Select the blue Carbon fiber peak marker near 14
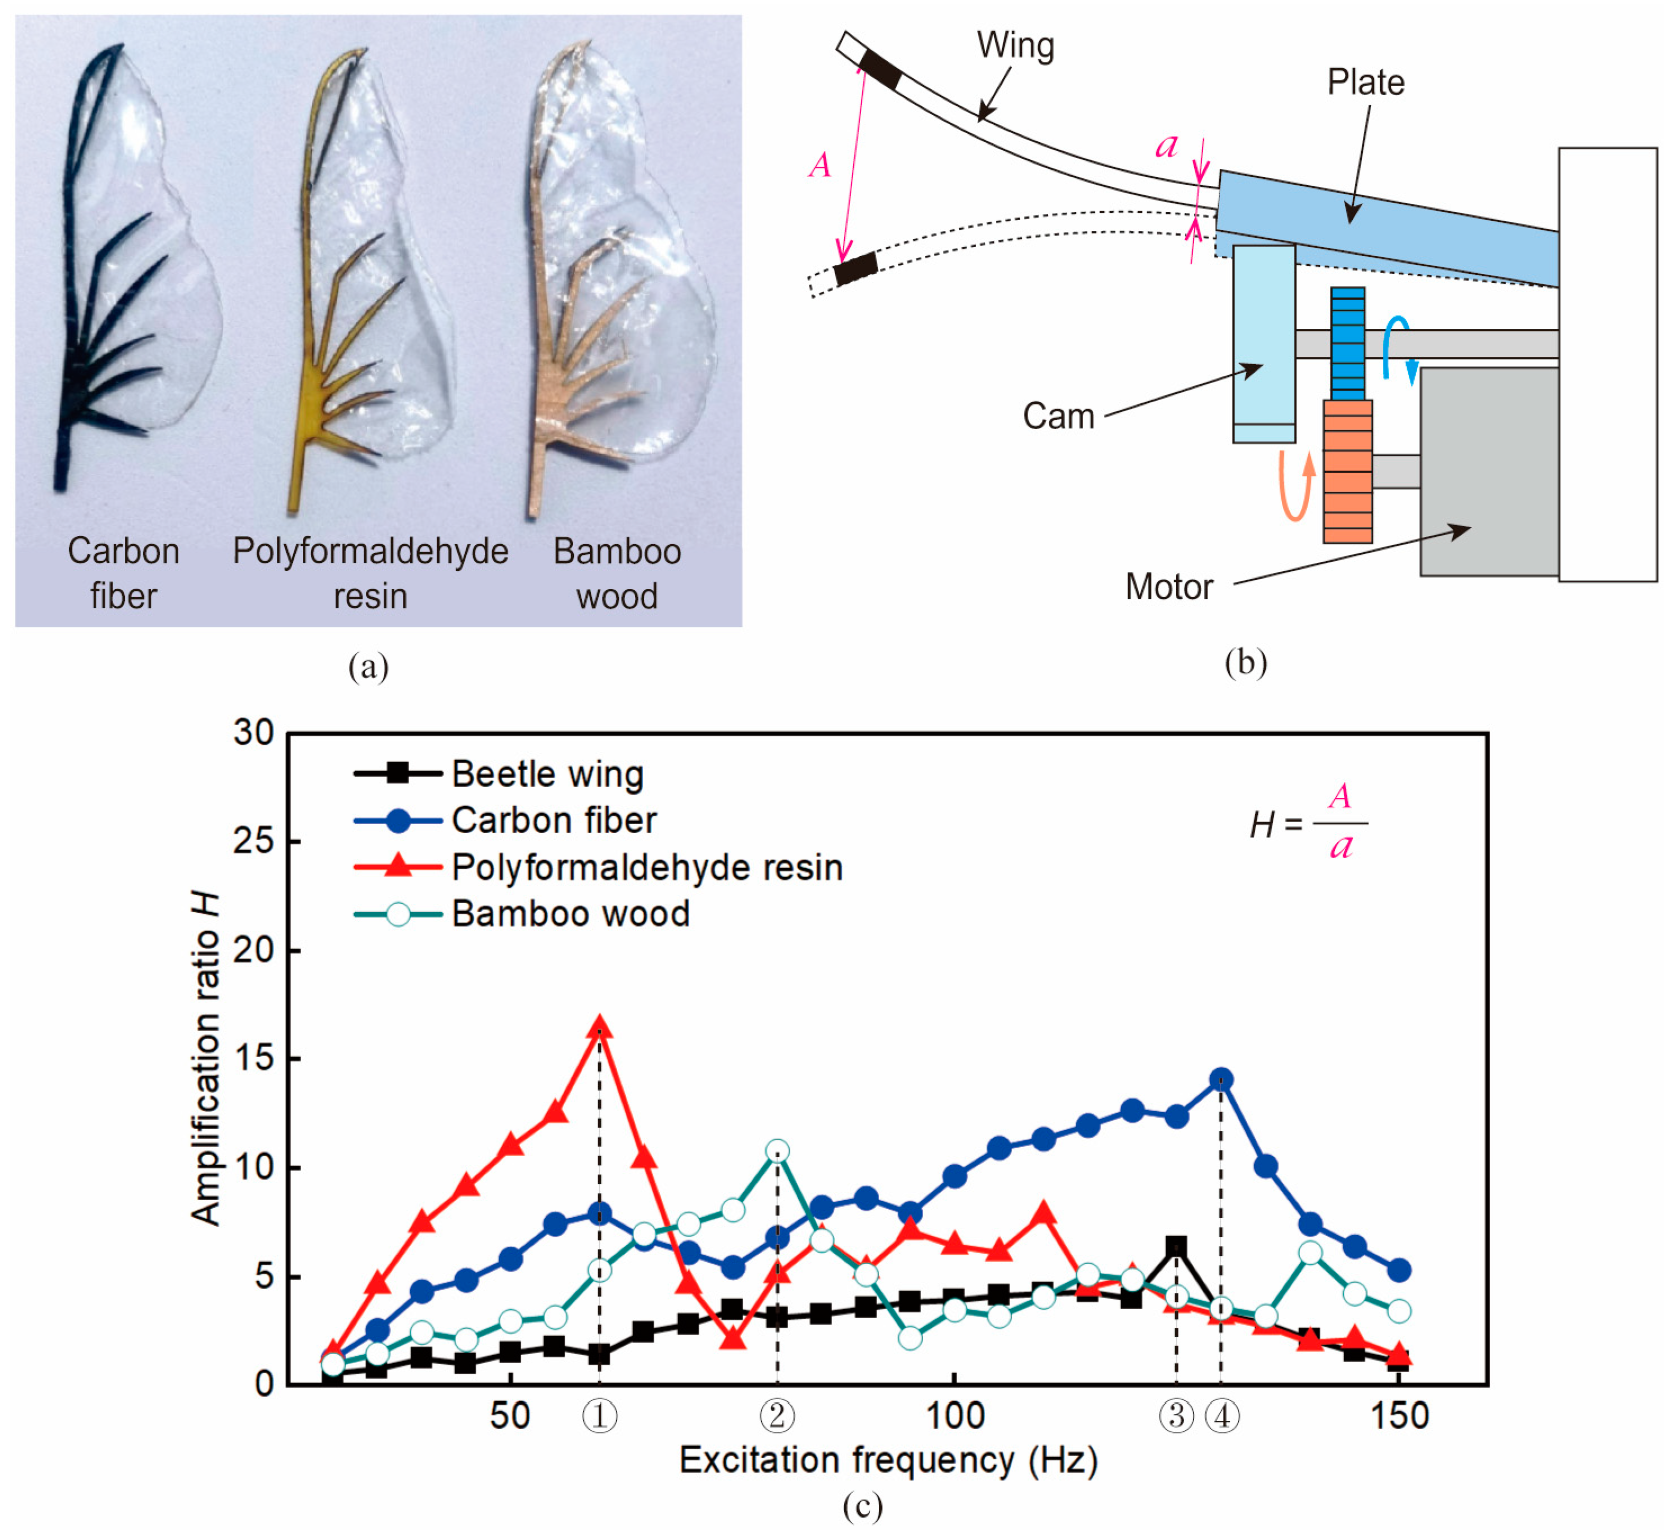[1221, 1080]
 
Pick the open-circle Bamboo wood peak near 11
[777, 1151]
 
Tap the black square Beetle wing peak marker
[1176, 1246]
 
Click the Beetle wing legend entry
[499, 774]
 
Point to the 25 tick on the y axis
[254, 841]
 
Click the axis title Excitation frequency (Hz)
[888, 1460]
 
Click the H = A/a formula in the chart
[1309, 823]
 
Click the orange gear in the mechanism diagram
[1347, 471]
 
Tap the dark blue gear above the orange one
[1347, 343]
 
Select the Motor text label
[1169, 587]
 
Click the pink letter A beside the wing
[820, 164]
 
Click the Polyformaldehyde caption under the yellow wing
[371, 552]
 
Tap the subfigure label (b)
[1246, 662]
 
